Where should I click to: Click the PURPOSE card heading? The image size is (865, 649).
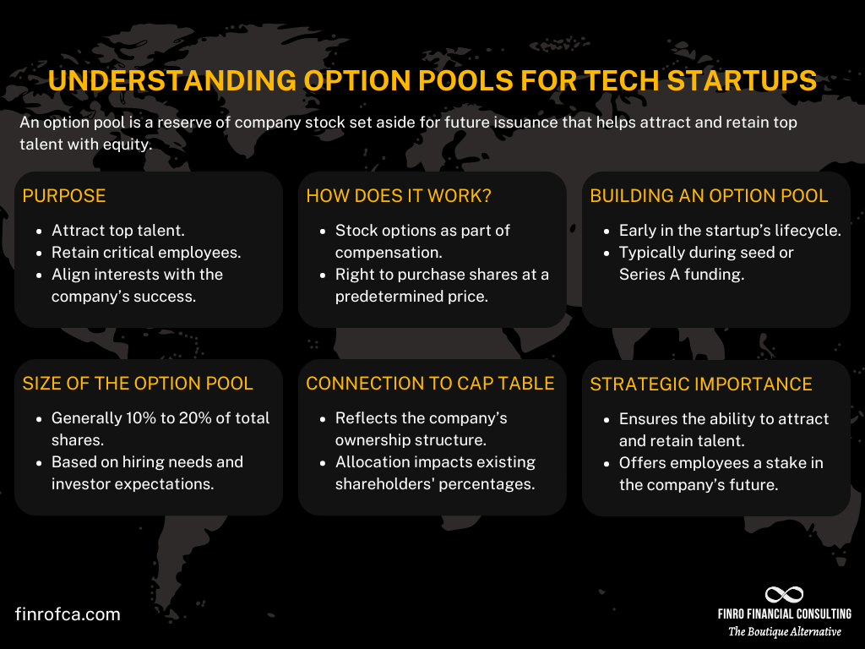(x=64, y=196)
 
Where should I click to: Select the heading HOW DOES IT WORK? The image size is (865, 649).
(x=399, y=196)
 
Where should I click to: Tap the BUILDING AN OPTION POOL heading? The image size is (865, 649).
(x=709, y=196)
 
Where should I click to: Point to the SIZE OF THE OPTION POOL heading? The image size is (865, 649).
(x=138, y=384)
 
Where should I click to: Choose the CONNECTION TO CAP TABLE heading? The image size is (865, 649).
(x=430, y=384)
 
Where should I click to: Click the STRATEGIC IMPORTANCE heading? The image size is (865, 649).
(x=701, y=384)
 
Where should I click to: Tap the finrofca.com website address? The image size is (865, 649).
(x=68, y=614)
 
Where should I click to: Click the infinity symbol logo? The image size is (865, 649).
(x=784, y=595)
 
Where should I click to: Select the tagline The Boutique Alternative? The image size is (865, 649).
(x=785, y=632)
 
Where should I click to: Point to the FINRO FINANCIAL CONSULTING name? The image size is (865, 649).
(x=784, y=614)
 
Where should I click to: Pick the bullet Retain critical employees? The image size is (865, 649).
(x=145, y=253)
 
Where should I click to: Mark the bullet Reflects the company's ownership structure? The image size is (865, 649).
(x=421, y=429)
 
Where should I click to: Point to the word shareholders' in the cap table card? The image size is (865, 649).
(x=384, y=484)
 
